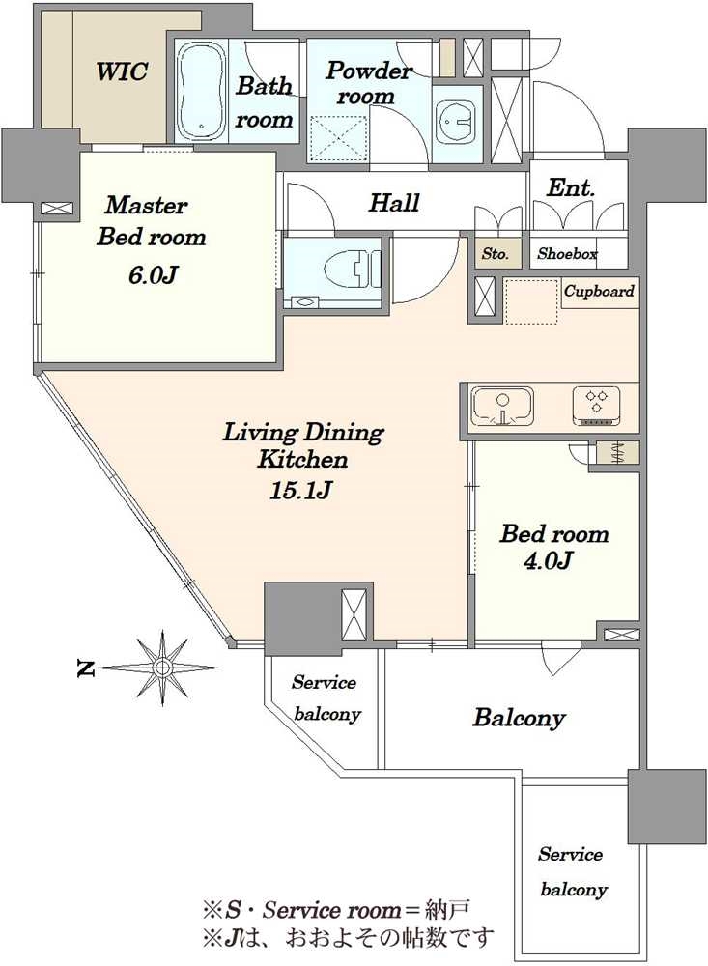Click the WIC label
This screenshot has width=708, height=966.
122,71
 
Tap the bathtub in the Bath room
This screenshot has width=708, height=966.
202,91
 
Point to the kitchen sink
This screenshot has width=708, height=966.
502,407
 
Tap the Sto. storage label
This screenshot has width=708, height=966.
495,253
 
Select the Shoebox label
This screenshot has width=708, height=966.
567,253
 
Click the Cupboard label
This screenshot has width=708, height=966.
599,291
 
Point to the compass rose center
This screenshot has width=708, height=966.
162,668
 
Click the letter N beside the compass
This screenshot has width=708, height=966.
85,668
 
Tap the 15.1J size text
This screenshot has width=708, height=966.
300,491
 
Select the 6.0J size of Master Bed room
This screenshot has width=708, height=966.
153,274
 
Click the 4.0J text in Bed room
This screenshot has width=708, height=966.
548,560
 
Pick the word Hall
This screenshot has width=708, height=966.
394,202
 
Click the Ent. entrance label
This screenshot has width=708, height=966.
571,188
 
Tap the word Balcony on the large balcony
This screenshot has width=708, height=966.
519,718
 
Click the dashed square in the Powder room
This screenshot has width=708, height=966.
338,138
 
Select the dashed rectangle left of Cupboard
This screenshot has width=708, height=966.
531,301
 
